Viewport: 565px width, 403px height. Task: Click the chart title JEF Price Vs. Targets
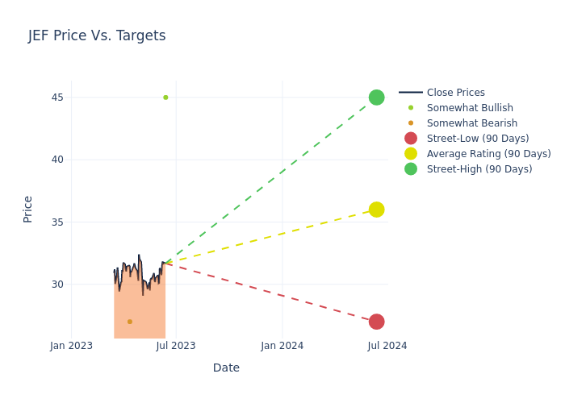[97, 35]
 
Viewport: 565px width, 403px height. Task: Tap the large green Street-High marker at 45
[376, 98]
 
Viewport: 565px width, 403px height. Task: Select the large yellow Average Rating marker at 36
[376, 210]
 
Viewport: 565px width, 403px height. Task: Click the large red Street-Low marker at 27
[376, 322]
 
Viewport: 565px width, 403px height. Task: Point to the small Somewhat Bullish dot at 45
[165, 98]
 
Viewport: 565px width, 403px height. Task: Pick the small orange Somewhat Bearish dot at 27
[129, 322]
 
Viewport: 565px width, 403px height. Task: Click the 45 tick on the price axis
[56, 98]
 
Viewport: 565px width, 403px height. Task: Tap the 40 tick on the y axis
[56, 160]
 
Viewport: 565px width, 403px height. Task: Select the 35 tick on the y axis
[56, 222]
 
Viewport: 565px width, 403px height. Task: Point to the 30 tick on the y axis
[56, 284]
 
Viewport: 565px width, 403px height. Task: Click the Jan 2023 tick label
[71, 346]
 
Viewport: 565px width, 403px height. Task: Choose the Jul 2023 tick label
[176, 346]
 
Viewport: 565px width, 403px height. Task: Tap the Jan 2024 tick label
[282, 346]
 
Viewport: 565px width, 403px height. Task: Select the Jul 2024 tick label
[387, 346]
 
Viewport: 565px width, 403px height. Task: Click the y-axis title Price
[28, 209]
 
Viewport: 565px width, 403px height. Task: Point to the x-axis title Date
[226, 368]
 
